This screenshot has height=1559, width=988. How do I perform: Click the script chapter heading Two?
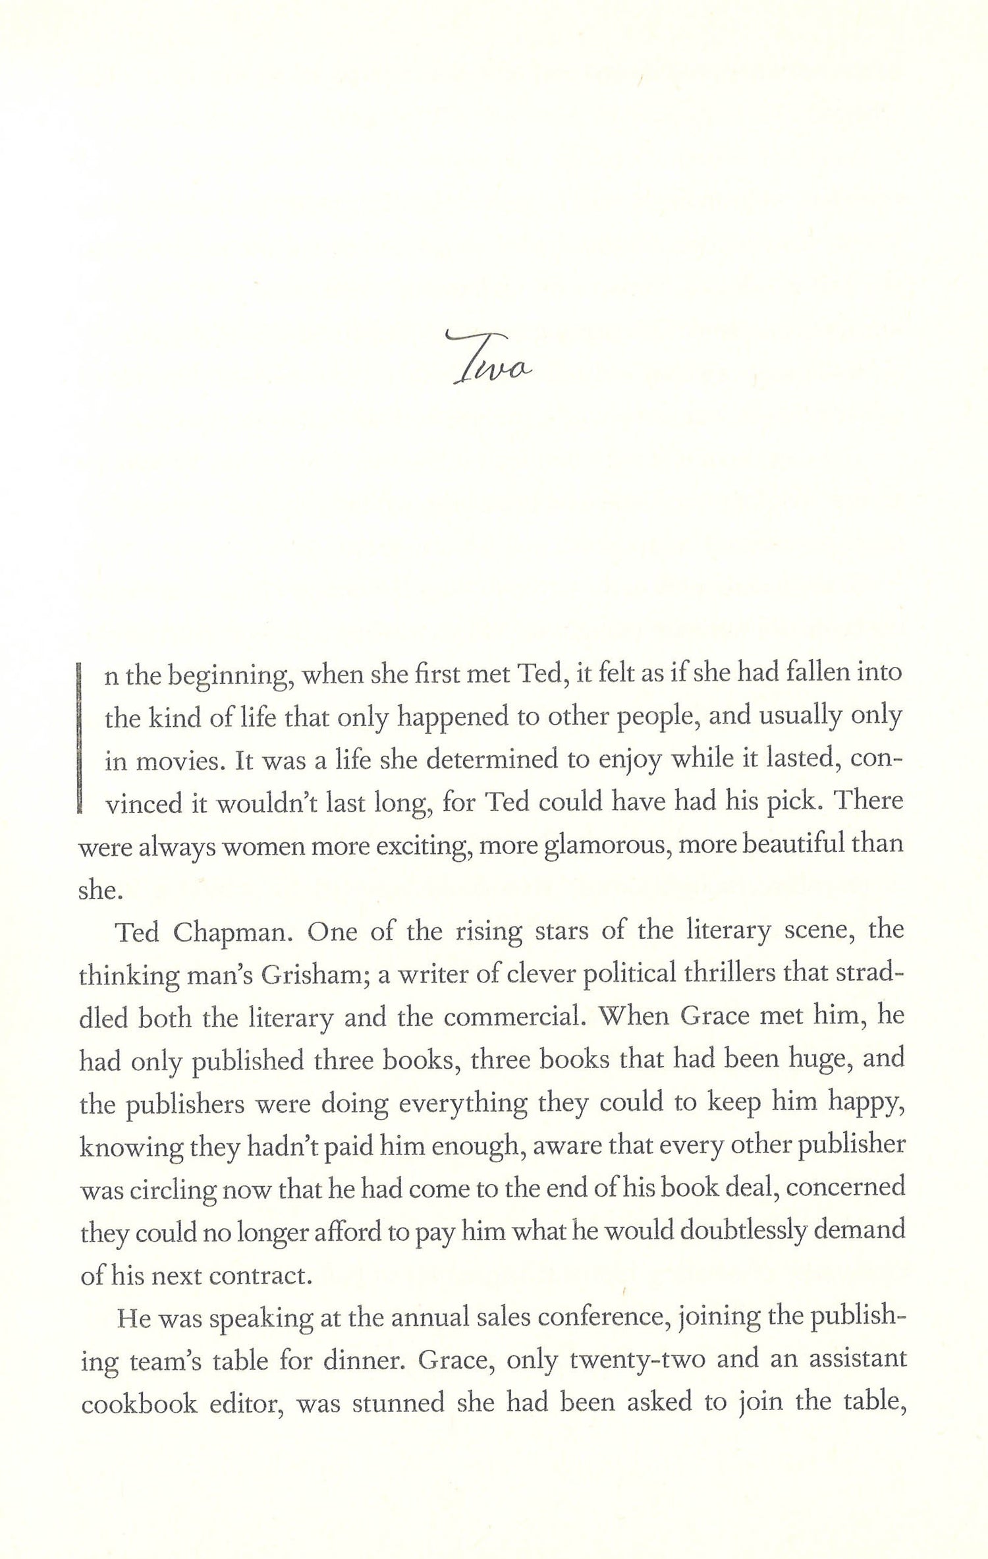(491, 361)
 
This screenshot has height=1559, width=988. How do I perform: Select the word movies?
(175, 762)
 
